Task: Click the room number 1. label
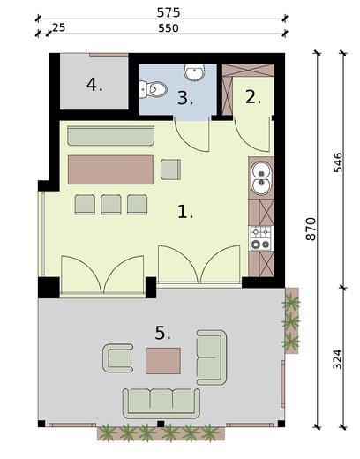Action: click(184, 212)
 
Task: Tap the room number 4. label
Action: click(94, 85)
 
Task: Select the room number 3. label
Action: click(184, 98)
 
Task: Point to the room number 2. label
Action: click(253, 97)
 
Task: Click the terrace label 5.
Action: click(162, 333)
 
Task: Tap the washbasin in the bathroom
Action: click(193, 71)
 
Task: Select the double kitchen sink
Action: click(261, 179)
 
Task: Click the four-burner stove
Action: click(261, 237)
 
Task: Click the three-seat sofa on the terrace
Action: click(160, 401)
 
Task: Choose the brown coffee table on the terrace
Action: click(163, 360)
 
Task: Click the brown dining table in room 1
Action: click(110, 169)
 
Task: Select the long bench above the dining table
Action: click(110, 137)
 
